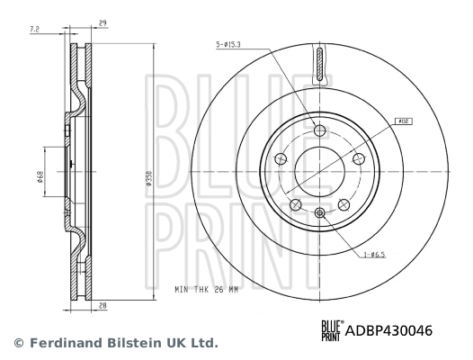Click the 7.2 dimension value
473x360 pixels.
(x=35, y=30)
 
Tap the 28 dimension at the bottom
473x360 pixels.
(x=105, y=305)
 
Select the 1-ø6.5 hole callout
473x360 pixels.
(x=374, y=256)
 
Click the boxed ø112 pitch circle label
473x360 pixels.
(x=404, y=118)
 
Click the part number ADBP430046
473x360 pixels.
(x=388, y=330)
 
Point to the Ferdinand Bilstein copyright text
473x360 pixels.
(x=114, y=343)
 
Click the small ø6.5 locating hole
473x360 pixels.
(x=319, y=212)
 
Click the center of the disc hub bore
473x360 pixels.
(x=319, y=170)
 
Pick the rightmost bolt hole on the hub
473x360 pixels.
(x=359, y=158)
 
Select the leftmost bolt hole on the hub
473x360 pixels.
(x=280, y=158)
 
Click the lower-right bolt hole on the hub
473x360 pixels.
(x=343, y=204)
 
